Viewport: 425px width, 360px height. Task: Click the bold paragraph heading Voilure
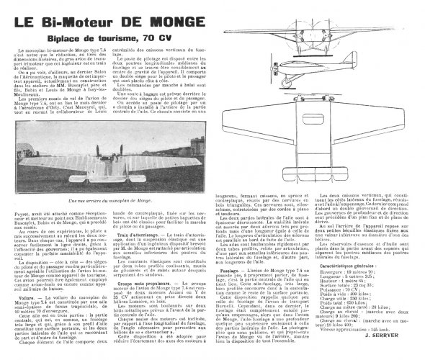click(26, 275)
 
